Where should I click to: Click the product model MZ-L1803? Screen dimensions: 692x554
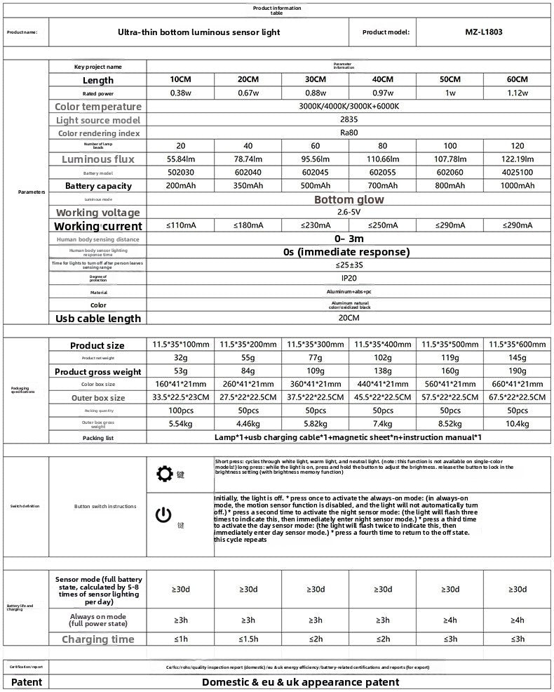point(484,32)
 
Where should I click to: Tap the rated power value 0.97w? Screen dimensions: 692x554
point(382,93)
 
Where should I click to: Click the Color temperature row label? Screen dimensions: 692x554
point(98,107)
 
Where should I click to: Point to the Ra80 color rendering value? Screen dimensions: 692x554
point(349,133)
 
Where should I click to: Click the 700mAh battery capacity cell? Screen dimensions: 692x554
point(382,186)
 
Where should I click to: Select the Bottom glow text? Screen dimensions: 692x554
point(349,199)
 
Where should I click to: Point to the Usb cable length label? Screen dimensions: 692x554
point(98,319)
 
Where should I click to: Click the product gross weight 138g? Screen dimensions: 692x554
point(382,371)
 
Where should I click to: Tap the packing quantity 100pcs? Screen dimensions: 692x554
point(181,411)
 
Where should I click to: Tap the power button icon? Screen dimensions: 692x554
point(163,516)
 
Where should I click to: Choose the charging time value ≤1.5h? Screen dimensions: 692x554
point(248,639)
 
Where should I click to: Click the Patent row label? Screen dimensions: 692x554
point(27,682)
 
